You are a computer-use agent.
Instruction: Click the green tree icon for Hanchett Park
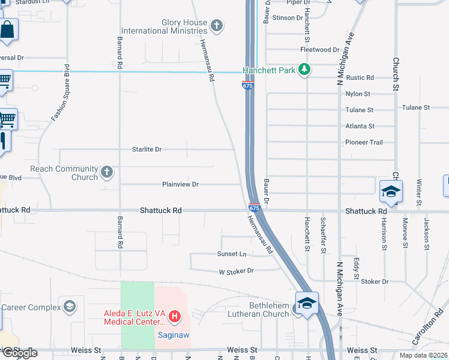pyautogui.click(x=305, y=70)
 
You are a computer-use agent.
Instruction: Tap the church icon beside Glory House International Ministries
pyautogui.click(x=217, y=26)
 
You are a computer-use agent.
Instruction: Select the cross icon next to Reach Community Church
pyautogui.click(x=107, y=173)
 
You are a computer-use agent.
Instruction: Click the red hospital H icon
pyautogui.click(x=174, y=316)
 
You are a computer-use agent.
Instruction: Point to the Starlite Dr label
pyautogui.click(x=147, y=149)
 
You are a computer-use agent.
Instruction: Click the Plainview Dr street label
pyautogui.click(x=180, y=184)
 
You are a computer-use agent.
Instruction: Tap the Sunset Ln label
pyautogui.click(x=232, y=254)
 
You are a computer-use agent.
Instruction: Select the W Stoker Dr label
pyautogui.click(x=236, y=271)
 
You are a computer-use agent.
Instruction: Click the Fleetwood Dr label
pyautogui.click(x=320, y=50)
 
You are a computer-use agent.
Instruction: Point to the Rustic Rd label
pyautogui.click(x=360, y=78)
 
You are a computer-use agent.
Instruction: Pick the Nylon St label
pyautogui.click(x=358, y=94)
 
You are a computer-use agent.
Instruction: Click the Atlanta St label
pyautogui.click(x=360, y=127)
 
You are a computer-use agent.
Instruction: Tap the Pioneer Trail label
pyautogui.click(x=364, y=142)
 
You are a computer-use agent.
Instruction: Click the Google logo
pyautogui.click(x=19, y=353)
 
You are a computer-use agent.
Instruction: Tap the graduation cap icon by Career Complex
pyautogui.click(x=70, y=308)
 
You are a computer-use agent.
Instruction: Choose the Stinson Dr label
pyautogui.click(x=288, y=18)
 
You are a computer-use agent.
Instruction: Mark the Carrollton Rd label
pyautogui.click(x=424, y=332)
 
